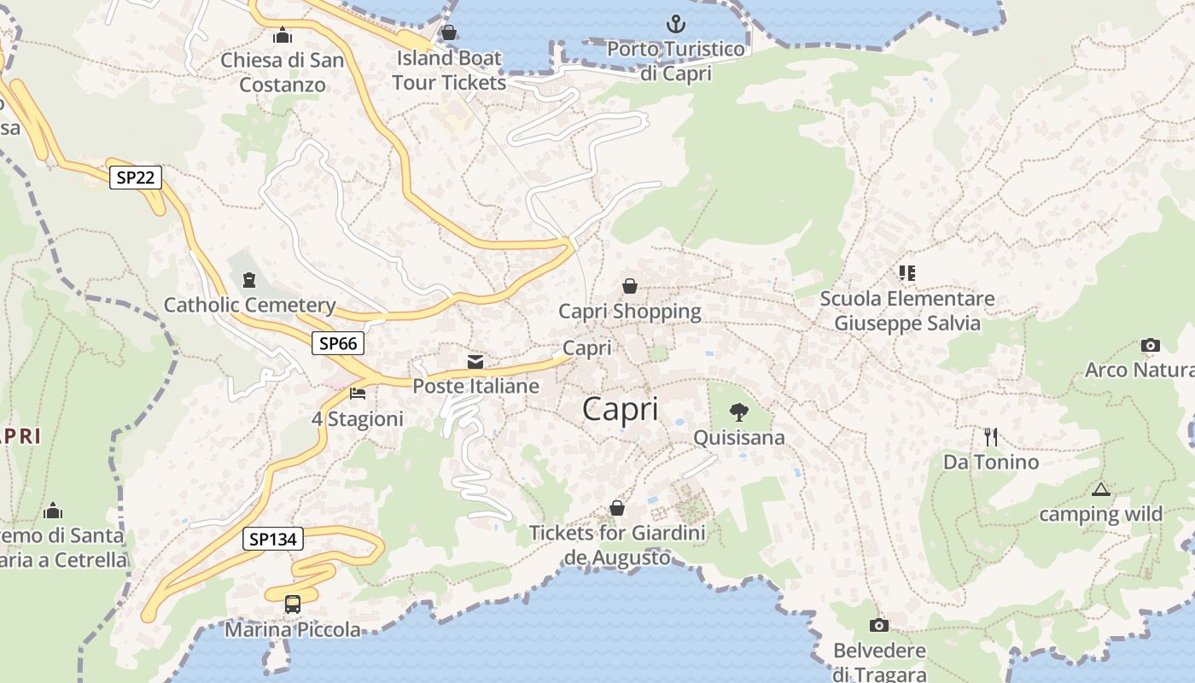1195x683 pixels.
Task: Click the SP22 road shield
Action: [136, 178]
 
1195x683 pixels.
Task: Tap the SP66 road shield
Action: [337, 343]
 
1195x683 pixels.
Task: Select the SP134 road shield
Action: [273, 539]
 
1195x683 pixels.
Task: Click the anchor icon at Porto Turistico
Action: [675, 24]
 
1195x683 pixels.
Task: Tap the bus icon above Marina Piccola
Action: [293, 604]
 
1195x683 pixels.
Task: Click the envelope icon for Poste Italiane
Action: [475, 362]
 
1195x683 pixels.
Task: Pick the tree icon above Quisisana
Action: [739, 413]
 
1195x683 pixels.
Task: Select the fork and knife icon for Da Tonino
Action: [990, 437]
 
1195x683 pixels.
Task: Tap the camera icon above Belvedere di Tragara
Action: [878, 626]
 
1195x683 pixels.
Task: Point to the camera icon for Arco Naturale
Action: [1151, 346]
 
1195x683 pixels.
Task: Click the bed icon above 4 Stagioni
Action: [358, 394]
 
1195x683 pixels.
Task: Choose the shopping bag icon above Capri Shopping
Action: [630, 286]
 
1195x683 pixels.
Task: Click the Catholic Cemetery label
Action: [249, 305]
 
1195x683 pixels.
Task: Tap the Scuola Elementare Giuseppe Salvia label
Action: [906, 311]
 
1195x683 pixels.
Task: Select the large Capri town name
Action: [621, 409]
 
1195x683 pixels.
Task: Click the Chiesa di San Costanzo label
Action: [283, 73]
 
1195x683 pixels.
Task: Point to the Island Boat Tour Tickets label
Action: [449, 70]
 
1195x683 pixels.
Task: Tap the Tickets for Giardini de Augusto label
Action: [617, 545]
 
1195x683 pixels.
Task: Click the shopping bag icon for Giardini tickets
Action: [617, 509]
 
